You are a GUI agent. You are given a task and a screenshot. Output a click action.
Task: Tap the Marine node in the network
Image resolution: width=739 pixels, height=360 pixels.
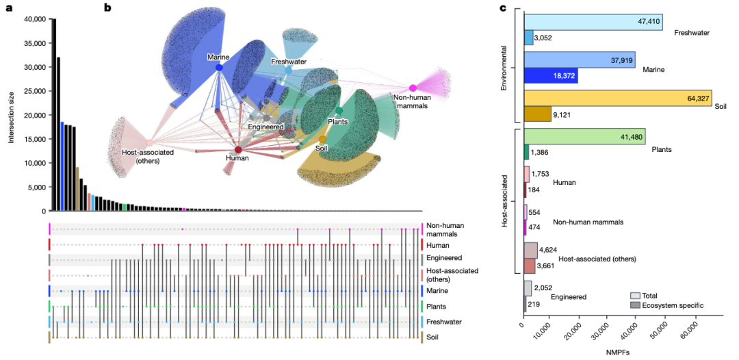click(219, 67)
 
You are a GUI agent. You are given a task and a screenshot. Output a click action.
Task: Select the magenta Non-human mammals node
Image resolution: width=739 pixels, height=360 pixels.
click(413, 88)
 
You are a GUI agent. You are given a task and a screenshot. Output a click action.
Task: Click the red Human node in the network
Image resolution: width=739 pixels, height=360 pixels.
click(238, 149)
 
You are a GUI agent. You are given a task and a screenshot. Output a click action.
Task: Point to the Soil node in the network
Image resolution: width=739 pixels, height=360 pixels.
click(323, 139)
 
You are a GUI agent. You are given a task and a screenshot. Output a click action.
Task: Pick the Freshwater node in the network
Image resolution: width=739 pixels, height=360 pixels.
click(288, 70)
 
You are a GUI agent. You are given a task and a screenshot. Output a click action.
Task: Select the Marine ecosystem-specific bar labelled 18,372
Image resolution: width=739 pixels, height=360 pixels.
click(551, 75)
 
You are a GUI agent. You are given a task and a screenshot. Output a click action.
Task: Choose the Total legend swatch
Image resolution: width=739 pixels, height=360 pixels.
click(634, 295)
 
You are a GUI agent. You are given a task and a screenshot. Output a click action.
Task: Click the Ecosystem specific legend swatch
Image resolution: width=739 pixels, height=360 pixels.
click(634, 305)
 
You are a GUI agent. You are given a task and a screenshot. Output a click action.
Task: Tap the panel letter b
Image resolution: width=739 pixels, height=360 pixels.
click(107, 8)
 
